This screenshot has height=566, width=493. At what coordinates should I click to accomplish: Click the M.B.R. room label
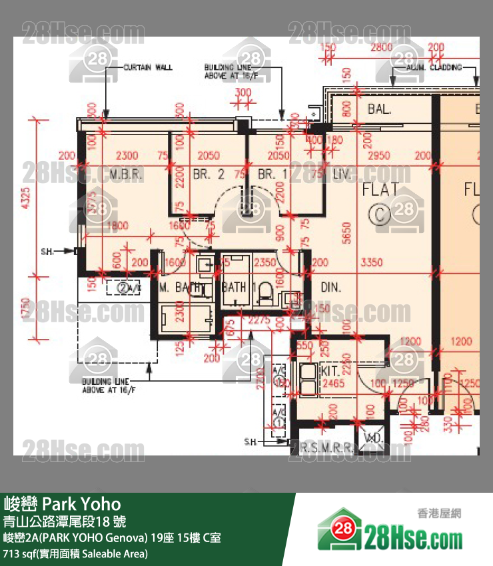tap(123, 174)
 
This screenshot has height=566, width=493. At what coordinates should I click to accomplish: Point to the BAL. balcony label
tap(379, 108)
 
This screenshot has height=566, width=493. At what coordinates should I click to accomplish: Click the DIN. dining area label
tap(331, 288)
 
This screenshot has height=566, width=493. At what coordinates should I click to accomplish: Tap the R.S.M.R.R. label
tap(326, 448)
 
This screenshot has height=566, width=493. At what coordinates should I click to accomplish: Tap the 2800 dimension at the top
tap(381, 47)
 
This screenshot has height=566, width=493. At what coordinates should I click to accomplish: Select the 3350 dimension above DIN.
tap(371, 263)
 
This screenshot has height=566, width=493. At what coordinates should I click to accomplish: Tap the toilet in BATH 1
tap(264, 291)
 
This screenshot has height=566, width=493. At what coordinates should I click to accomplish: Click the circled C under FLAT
tap(380, 214)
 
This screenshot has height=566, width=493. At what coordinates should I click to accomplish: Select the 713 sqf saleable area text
tap(75, 553)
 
